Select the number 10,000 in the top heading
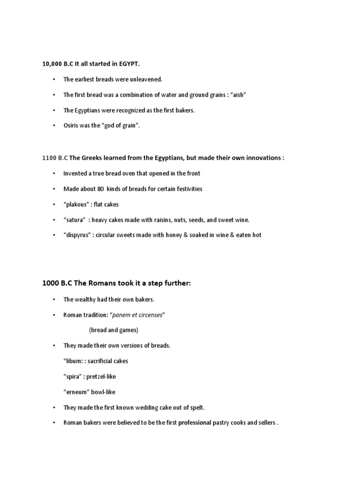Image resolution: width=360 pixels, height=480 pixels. (52, 64)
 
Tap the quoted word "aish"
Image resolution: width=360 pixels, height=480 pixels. (238, 95)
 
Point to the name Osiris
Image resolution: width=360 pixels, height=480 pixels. (71, 126)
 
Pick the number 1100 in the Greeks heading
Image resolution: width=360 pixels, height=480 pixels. (49, 158)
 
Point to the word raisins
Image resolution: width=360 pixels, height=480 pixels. (160, 220)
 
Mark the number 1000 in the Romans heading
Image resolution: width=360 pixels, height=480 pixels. (50, 284)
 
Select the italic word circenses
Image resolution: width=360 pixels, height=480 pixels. (149, 315)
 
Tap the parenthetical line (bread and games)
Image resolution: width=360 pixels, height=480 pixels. (113, 330)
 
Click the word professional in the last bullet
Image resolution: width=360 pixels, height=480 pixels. (195, 423)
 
